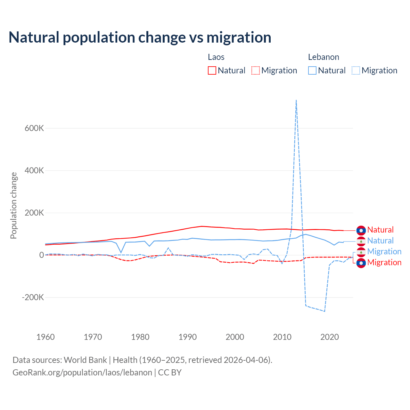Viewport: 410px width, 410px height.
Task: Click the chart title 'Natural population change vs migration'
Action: pyautogui.click(x=140, y=37)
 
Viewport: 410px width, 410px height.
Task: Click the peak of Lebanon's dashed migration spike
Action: pyautogui.click(x=296, y=100)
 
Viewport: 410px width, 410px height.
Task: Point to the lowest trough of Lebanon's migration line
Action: pyautogui.click(x=324, y=311)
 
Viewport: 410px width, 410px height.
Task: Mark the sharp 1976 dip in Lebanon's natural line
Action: pyautogui.click(x=121, y=253)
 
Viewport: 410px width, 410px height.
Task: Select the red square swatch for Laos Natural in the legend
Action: pyautogui.click(x=212, y=70)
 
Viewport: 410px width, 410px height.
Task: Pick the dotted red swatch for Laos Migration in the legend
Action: pyautogui.click(x=256, y=70)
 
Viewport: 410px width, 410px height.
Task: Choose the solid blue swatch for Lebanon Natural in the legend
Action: pyautogui.click(x=312, y=70)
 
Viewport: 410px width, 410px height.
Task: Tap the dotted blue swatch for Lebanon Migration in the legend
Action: pyautogui.click(x=356, y=70)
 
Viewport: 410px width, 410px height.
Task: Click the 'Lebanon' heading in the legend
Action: pyautogui.click(x=324, y=57)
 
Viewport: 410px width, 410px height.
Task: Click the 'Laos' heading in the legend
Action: pyautogui.click(x=216, y=57)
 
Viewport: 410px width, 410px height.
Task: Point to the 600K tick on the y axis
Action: pyautogui.click(x=34, y=128)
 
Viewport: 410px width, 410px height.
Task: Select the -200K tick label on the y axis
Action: pyautogui.click(x=33, y=297)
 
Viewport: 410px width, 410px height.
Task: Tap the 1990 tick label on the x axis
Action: pyautogui.click(x=188, y=337)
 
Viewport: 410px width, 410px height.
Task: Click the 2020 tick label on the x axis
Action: pyautogui.click(x=330, y=337)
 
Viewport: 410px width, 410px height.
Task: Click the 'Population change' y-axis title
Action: pyautogui.click(x=13, y=205)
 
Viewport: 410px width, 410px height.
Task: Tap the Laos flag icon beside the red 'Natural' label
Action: pyautogui.click(x=361, y=230)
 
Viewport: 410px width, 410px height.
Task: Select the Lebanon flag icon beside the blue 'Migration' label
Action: pyautogui.click(x=361, y=252)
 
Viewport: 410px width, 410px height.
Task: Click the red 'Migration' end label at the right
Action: pyautogui.click(x=384, y=263)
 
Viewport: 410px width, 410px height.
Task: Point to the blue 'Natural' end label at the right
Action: pyautogui.click(x=381, y=241)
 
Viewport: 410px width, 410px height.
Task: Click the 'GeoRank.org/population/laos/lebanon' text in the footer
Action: pyautogui.click(x=82, y=373)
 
